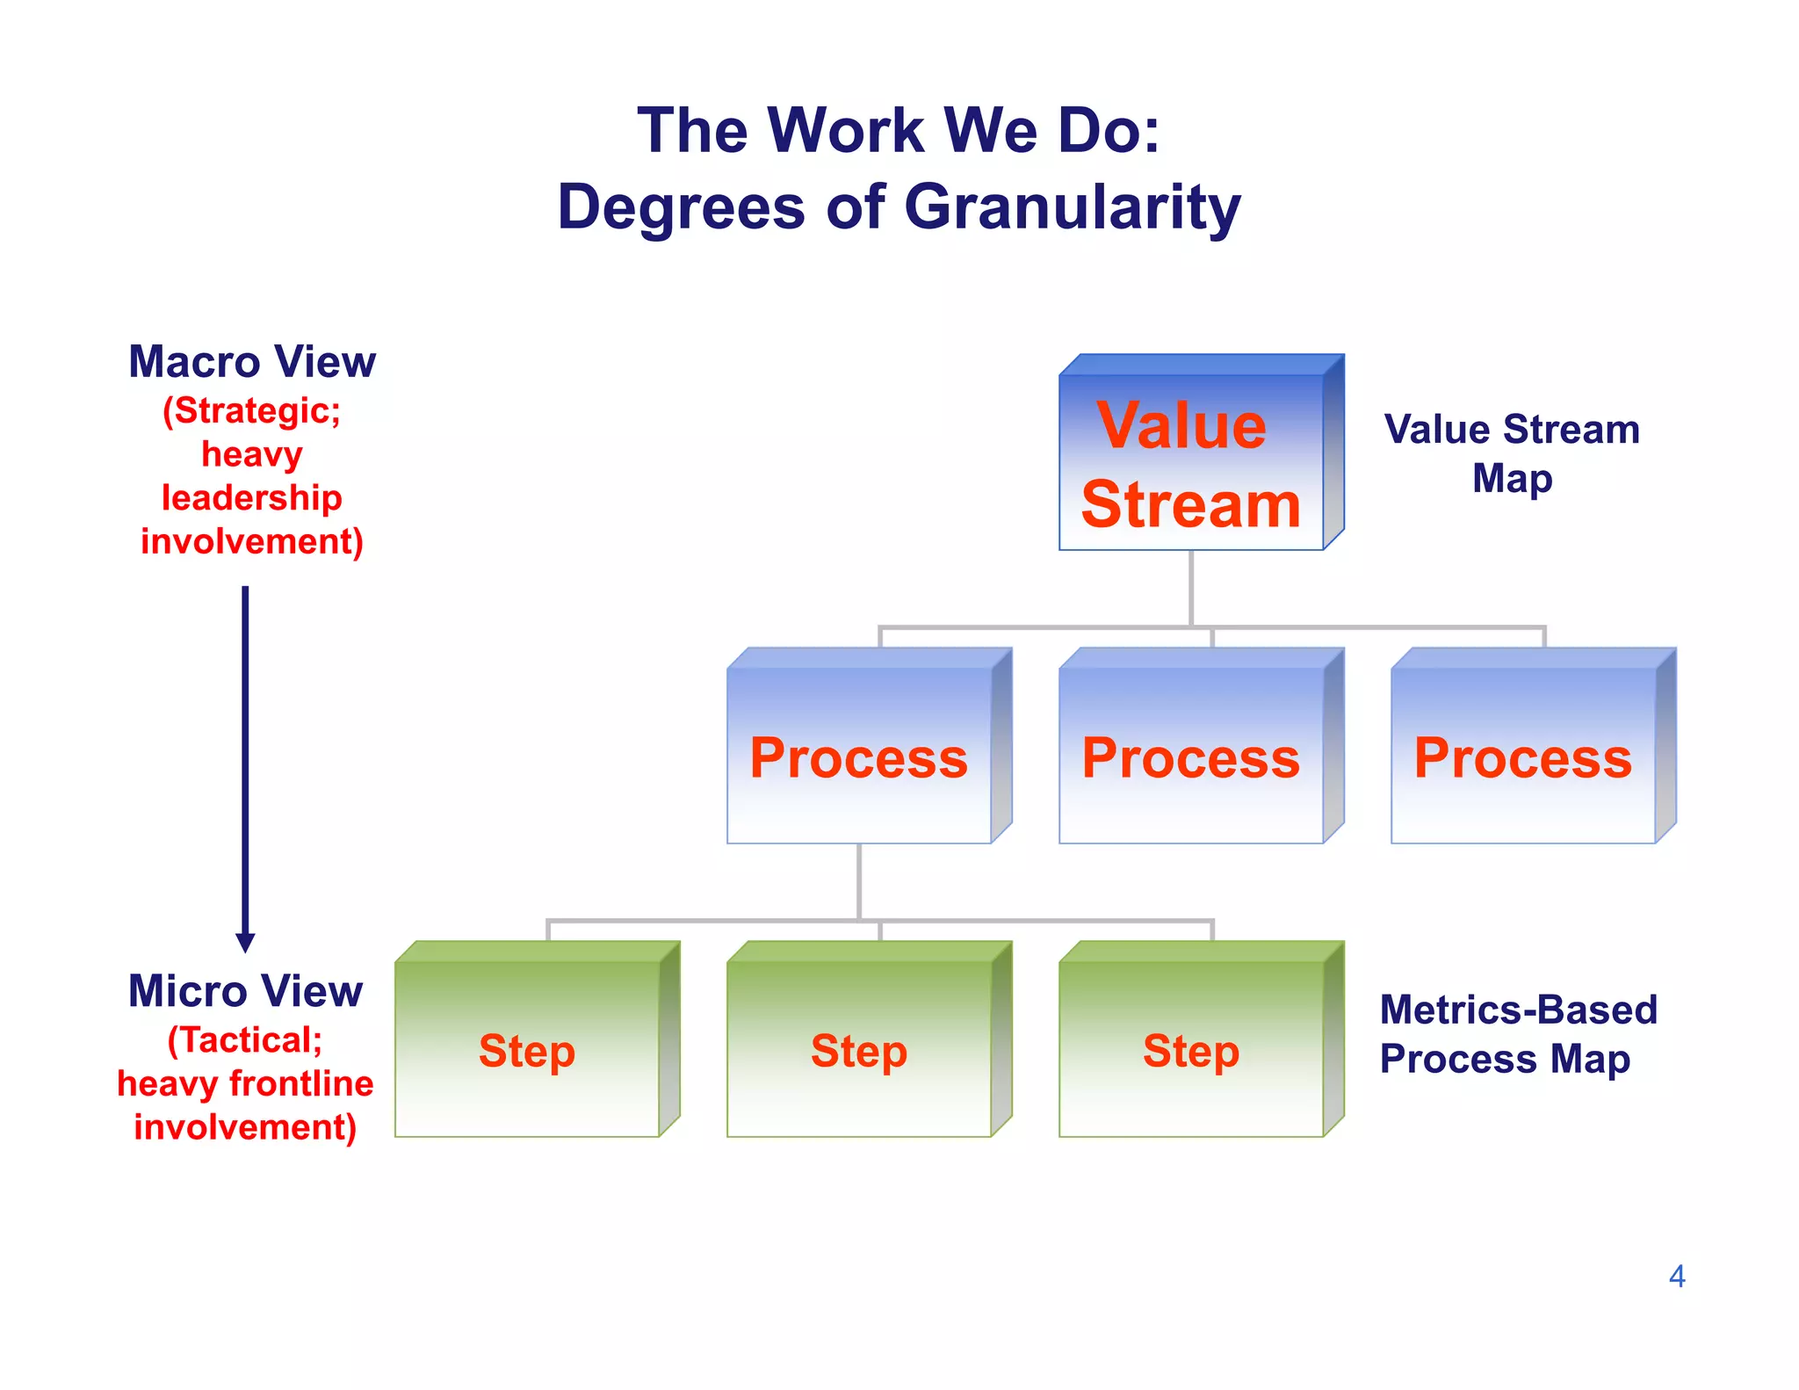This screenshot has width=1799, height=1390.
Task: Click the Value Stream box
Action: [x=1191, y=463]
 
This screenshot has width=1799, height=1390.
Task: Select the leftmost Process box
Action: [x=859, y=757]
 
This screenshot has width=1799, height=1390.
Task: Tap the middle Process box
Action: [x=1191, y=757]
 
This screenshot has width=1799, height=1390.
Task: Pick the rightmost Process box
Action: [x=1523, y=757]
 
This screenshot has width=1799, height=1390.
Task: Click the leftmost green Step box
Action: [x=527, y=1050]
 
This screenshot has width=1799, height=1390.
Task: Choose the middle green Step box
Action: [x=859, y=1050]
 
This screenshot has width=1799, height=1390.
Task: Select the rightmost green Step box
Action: [x=1191, y=1050]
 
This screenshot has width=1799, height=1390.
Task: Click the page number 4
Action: [x=1677, y=1277]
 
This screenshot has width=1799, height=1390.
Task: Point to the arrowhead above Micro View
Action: [x=246, y=943]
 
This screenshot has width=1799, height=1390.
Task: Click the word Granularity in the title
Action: [x=1073, y=207]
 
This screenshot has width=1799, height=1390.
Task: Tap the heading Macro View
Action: [x=252, y=362]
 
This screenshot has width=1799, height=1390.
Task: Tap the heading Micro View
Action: [x=245, y=991]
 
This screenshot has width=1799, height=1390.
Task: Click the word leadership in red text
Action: [x=252, y=498]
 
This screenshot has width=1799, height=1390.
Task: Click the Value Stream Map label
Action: [x=1512, y=453]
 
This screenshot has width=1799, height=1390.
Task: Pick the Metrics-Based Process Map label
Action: [x=1517, y=1034]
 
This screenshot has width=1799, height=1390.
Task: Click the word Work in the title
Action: [x=848, y=131]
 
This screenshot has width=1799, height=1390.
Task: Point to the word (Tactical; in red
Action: [x=245, y=1040]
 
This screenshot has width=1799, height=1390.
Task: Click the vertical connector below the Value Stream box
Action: [x=1191, y=588]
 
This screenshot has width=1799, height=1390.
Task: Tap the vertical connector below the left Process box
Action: [x=859, y=881]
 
